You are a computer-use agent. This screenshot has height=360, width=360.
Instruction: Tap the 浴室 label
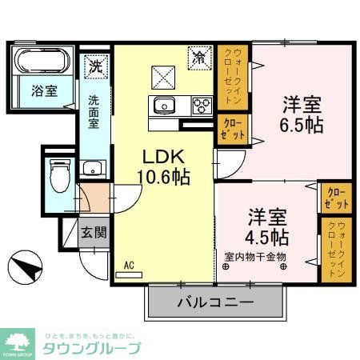click(44, 90)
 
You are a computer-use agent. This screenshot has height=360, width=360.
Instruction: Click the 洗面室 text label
click(94, 112)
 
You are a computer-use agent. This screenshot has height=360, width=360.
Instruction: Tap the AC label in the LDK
click(129, 264)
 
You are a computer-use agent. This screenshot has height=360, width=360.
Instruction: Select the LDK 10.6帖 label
click(166, 166)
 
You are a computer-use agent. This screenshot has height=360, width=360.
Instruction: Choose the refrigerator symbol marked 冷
click(198, 57)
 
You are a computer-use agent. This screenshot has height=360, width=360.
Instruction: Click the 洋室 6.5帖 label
click(301, 114)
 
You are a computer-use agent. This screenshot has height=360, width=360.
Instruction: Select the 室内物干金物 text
click(255, 258)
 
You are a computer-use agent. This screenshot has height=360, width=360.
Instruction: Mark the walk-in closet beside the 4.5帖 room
click(334, 248)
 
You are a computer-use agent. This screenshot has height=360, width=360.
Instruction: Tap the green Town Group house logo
click(18, 339)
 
